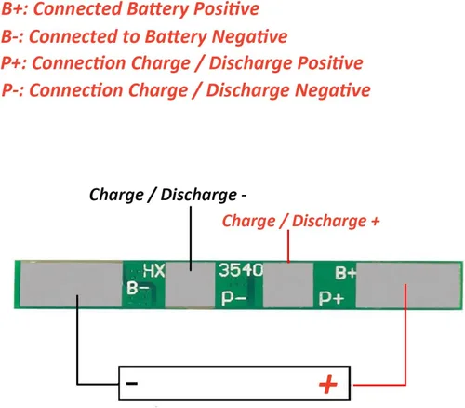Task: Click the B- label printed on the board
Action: click(138, 288)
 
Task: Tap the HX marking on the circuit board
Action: click(153, 271)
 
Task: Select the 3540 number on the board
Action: click(241, 269)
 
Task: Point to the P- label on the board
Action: click(233, 298)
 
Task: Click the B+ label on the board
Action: click(345, 273)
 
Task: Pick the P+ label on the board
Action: click(331, 298)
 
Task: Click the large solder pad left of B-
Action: click(72, 284)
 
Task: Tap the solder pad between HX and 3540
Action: click(190, 285)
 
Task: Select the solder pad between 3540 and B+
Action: click(288, 285)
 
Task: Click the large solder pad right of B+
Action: click(407, 285)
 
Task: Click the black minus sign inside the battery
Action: click(132, 383)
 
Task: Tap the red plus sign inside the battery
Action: click(328, 385)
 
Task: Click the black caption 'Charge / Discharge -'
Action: click(167, 195)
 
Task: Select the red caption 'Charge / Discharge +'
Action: click(300, 221)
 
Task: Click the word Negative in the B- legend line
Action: click(250, 36)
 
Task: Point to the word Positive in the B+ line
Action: click(227, 8)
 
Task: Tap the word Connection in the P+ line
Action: click(80, 63)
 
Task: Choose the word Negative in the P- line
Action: click(333, 90)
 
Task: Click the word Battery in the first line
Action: click(157, 9)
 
